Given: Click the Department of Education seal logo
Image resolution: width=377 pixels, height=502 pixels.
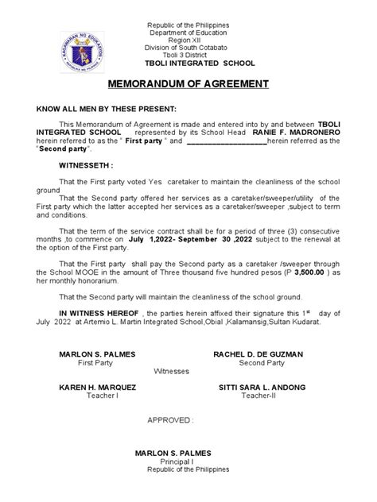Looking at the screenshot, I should tap(81, 43).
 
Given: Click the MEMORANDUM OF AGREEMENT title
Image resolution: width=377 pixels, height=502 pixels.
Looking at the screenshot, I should tap(188, 83).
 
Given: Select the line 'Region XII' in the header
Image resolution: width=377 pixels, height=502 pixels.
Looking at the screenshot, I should tap(188, 38).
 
